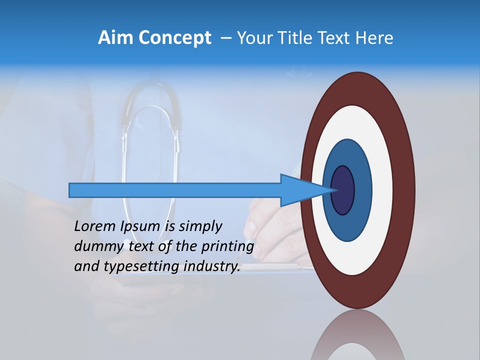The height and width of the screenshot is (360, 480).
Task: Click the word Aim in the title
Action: (114, 38)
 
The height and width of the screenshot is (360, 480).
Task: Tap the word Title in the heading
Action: (297, 38)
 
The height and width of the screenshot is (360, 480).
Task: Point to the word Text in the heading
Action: (336, 38)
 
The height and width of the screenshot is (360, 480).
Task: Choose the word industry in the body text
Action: (212, 266)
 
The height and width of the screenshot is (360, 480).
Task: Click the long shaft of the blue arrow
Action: (175, 190)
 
